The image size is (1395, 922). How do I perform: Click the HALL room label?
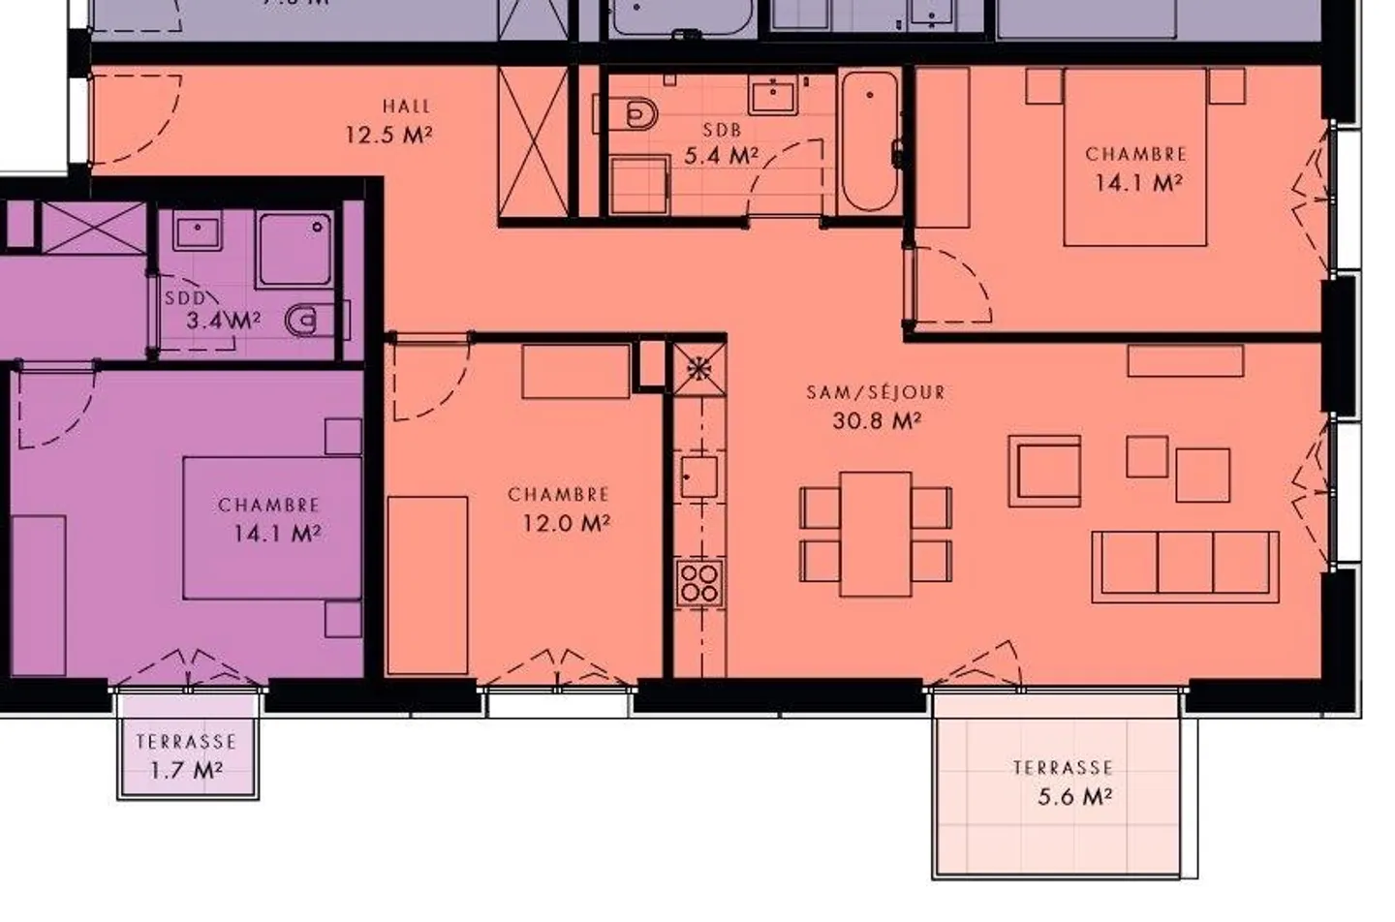[406, 106]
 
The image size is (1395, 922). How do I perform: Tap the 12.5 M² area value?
[387, 135]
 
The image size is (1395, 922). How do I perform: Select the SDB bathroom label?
[722, 130]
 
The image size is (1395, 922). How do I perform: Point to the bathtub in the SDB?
[869, 140]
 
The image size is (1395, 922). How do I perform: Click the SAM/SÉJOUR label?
[876, 392]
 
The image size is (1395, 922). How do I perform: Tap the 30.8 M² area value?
[876, 420]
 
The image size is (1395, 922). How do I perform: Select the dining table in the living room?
[876, 534]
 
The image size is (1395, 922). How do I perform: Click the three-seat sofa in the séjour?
[1185, 566]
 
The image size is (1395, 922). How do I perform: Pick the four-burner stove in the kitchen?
[698, 582]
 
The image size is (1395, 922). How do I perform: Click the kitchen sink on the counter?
[698, 476]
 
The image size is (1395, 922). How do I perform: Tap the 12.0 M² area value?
[566, 523]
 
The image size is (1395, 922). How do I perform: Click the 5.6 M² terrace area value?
[1074, 797]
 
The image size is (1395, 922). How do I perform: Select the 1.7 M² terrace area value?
[186, 771]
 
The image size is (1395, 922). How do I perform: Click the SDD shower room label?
[184, 298]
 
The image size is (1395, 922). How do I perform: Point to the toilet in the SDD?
[308, 319]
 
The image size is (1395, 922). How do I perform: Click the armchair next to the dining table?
[1044, 471]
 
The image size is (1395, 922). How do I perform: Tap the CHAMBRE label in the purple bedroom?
[268, 505]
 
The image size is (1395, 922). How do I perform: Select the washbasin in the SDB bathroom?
[773, 97]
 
